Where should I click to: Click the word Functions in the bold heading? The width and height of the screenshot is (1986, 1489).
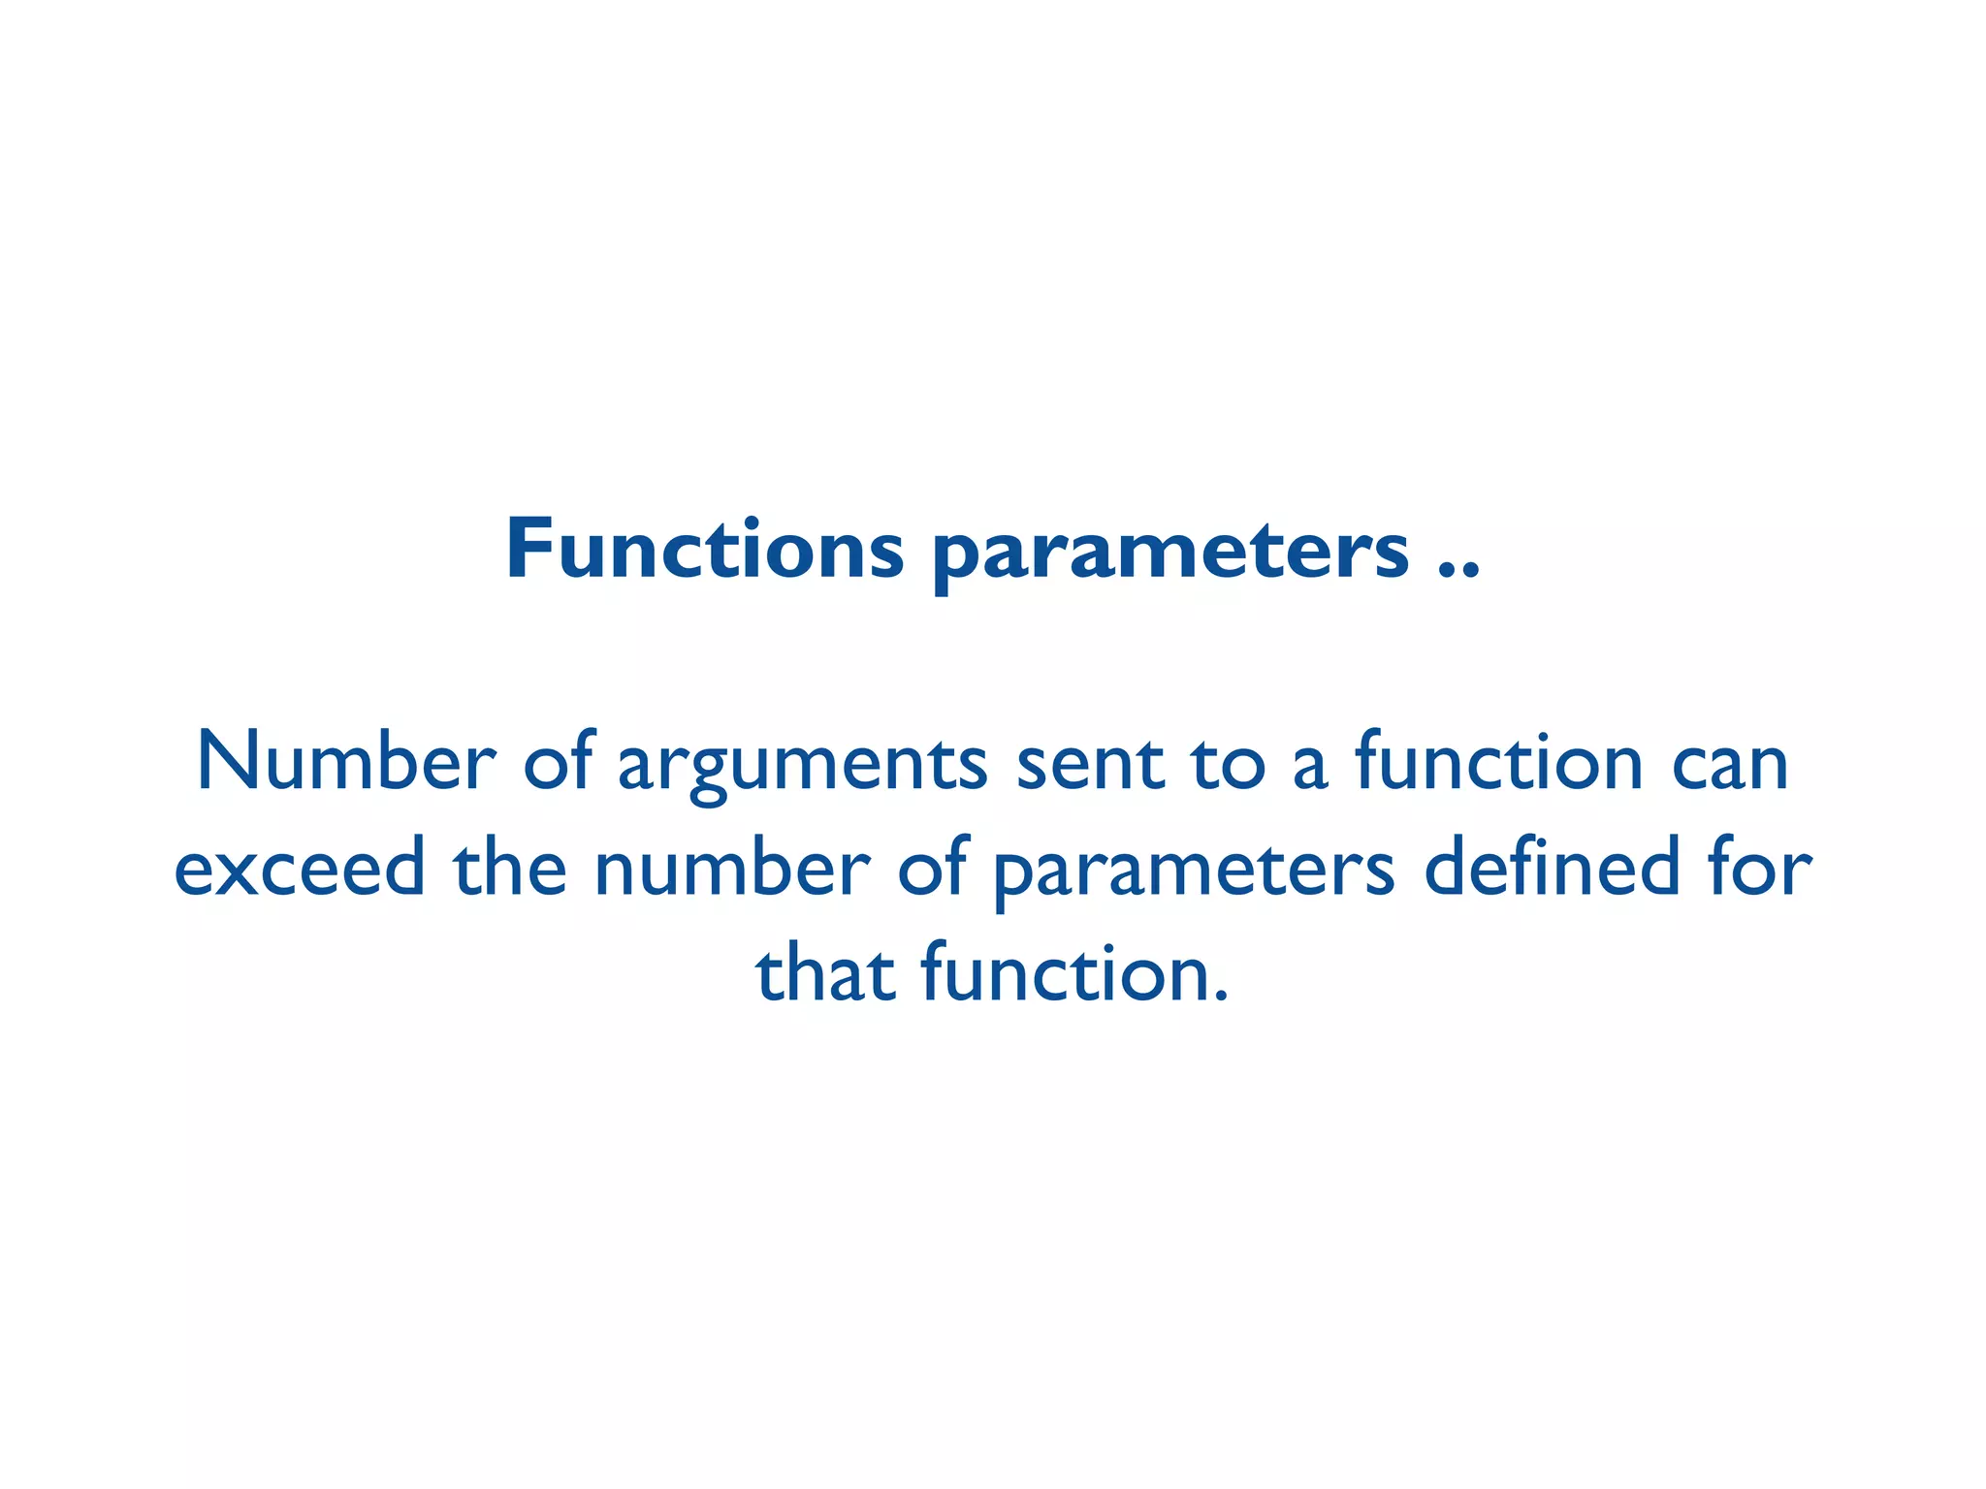[705, 550]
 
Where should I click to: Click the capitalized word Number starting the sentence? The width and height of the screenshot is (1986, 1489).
[346, 762]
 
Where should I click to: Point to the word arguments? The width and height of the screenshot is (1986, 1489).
[803, 768]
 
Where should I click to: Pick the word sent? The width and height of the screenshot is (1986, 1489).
[1089, 764]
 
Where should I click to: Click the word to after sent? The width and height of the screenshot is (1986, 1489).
[1229, 764]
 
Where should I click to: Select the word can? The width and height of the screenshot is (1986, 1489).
[1730, 764]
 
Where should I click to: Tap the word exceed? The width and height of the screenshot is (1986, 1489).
[300, 868]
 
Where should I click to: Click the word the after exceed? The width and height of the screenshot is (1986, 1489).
[509, 868]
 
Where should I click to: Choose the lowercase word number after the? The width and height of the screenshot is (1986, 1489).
[732, 868]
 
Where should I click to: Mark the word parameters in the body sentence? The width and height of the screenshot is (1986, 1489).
[1194, 872]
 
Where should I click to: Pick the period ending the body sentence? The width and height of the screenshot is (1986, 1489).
[1221, 996]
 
